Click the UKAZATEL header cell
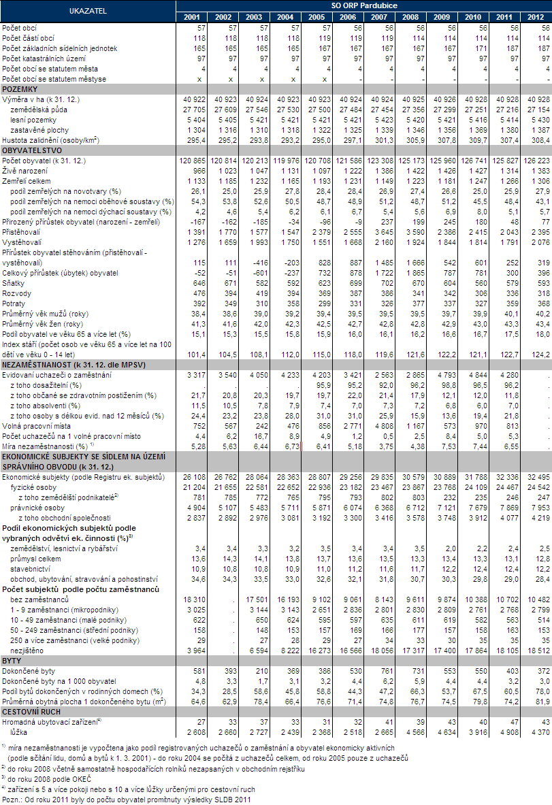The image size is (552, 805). (87, 12)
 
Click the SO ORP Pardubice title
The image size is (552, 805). (363, 6)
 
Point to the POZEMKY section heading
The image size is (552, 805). (20, 89)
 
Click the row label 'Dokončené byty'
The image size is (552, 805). (29, 670)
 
